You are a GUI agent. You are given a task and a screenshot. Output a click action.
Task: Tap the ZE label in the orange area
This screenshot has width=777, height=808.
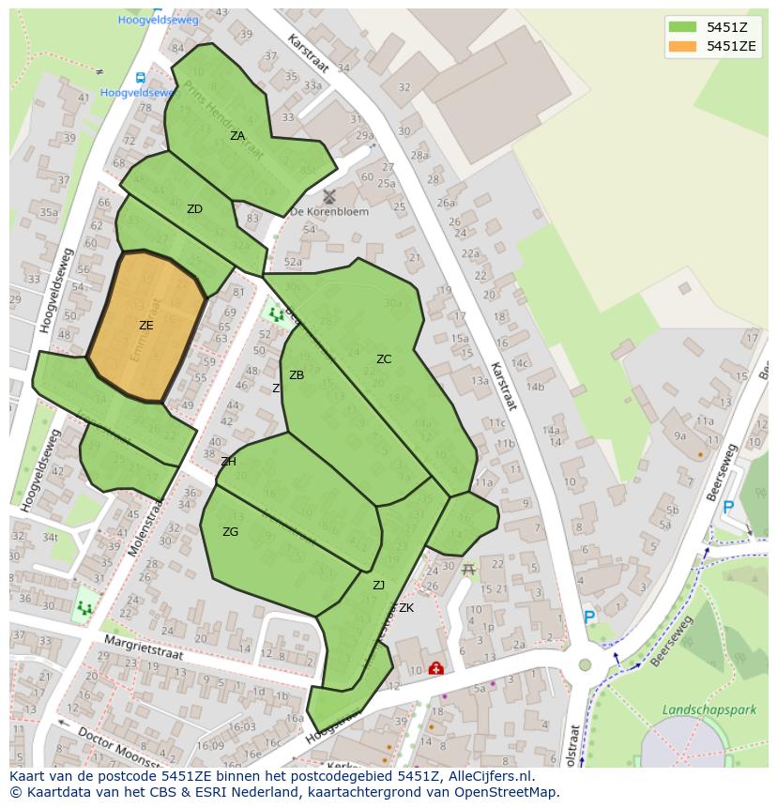(145, 326)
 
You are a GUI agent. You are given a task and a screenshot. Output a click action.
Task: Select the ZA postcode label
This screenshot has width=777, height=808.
(237, 136)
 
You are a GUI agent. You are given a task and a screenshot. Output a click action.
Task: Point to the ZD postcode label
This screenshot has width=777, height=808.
(194, 209)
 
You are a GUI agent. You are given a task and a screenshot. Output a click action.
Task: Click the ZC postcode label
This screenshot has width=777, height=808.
(384, 359)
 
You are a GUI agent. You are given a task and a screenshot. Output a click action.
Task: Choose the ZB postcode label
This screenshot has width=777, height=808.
(297, 375)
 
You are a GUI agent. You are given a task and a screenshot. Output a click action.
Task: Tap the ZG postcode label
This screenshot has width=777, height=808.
(230, 532)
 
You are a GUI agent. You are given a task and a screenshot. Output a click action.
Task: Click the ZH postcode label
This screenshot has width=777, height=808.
(228, 462)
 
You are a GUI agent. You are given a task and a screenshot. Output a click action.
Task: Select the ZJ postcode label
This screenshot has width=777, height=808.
(378, 586)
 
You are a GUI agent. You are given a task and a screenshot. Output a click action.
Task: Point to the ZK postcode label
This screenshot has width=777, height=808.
(405, 608)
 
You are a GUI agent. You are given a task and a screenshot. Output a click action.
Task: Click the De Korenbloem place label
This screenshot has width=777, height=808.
(329, 212)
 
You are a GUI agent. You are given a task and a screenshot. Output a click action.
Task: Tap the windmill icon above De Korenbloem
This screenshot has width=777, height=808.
(328, 196)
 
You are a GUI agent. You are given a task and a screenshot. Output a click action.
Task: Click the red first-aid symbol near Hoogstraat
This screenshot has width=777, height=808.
(435, 668)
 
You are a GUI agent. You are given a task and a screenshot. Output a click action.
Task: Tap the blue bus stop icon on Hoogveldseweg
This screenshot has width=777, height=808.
(140, 78)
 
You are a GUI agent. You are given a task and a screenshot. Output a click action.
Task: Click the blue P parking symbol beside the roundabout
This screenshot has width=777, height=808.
(589, 617)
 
